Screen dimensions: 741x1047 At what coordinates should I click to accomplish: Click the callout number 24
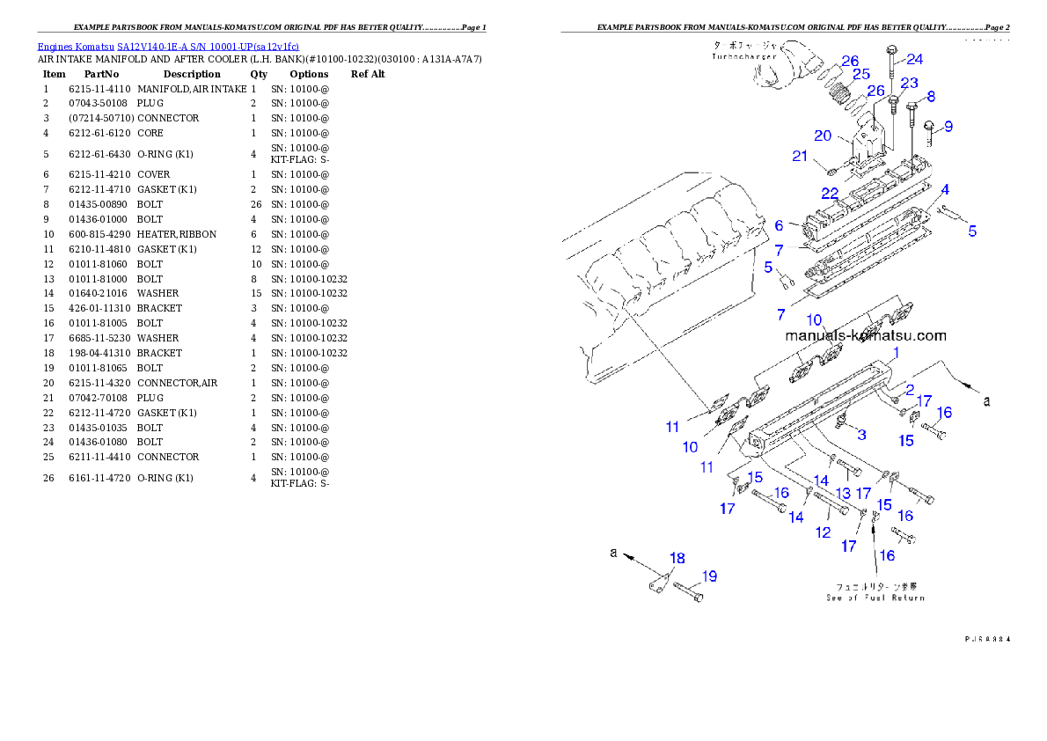pyautogui.click(x=915, y=59)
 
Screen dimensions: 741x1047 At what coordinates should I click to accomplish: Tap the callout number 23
pyautogui.click(x=909, y=83)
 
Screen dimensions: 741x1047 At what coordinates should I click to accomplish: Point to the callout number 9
pyautogui.click(x=948, y=126)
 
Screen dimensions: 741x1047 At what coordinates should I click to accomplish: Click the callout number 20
pyautogui.click(x=823, y=136)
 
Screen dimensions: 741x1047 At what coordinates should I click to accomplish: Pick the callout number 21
pyautogui.click(x=799, y=157)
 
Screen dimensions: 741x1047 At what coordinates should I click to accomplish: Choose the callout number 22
pyautogui.click(x=830, y=193)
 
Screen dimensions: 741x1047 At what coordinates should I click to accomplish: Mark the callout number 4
pyautogui.click(x=944, y=189)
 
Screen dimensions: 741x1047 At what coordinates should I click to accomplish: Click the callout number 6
pyautogui.click(x=780, y=226)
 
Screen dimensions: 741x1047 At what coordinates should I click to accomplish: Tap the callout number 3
pyautogui.click(x=861, y=434)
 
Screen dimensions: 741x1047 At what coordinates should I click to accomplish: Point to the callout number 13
pyautogui.click(x=843, y=495)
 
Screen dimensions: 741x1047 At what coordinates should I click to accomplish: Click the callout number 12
pyautogui.click(x=823, y=532)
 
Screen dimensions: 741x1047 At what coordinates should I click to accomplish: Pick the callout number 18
pyautogui.click(x=677, y=558)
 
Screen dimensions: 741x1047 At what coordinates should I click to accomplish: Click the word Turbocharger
pyautogui.click(x=744, y=56)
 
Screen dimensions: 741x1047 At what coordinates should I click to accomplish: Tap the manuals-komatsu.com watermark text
pyautogui.click(x=866, y=335)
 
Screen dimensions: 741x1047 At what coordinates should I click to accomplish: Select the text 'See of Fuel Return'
pyautogui.click(x=875, y=598)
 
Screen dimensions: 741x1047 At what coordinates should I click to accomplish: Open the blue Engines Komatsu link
pyautogui.click(x=168, y=46)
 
